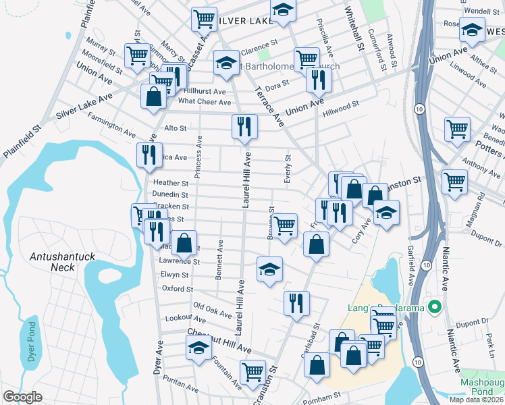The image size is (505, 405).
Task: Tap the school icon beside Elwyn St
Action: point(269,269)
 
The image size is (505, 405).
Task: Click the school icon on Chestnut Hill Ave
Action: point(198,348)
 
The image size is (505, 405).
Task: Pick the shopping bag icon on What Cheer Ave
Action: point(154,96)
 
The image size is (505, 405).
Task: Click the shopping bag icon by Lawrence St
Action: point(184,243)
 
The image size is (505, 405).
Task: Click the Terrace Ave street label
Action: point(269,105)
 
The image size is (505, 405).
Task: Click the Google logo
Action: point(22,397)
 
